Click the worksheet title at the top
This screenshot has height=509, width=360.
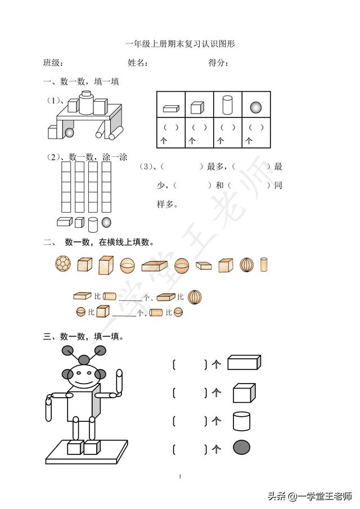tap(179, 43)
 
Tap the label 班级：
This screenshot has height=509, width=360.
tap(53, 63)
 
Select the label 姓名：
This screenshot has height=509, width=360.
tap(138, 63)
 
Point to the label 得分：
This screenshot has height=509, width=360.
tap(218, 63)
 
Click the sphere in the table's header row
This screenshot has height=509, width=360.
tap(256, 107)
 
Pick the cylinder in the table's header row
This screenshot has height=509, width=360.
tap(227, 106)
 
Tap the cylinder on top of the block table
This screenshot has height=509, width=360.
tap(86, 102)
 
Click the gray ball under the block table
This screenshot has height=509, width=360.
tap(69, 133)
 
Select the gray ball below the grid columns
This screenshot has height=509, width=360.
tap(106, 222)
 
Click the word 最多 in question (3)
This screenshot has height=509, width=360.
tap(216, 167)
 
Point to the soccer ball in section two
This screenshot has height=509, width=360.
tap(62, 264)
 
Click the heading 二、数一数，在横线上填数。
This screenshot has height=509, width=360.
tap(99, 242)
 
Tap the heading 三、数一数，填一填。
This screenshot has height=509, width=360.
tap(84, 337)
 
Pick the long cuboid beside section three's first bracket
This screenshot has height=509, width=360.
tap(244, 363)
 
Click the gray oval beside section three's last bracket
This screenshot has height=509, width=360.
tap(242, 448)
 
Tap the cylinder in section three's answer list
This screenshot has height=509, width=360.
tap(241, 421)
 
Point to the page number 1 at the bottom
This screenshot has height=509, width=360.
tap(180, 477)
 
